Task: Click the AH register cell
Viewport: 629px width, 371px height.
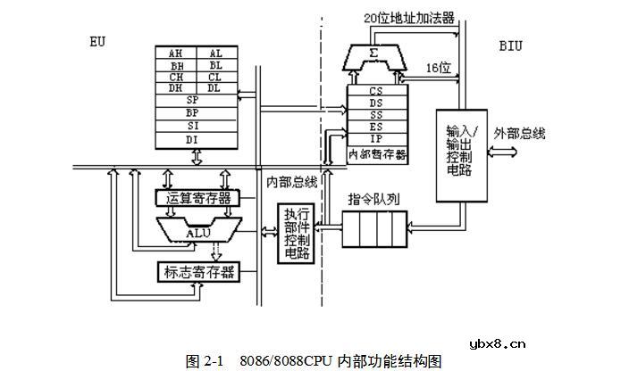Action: (x=175, y=54)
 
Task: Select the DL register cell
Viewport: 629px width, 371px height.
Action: (x=215, y=87)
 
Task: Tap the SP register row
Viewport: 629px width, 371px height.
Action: (x=193, y=100)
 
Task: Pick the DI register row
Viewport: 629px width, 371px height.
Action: (x=193, y=139)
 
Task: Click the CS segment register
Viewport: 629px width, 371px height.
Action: (x=375, y=91)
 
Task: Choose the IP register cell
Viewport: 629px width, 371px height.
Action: (x=375, y=140)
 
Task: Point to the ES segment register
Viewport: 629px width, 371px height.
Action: (x=375, y=128)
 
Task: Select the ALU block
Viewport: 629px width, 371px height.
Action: (x=197, y=232)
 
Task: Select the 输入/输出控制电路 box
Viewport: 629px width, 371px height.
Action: (x=459, y=153)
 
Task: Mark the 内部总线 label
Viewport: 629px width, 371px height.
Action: (x=291, y=182)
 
